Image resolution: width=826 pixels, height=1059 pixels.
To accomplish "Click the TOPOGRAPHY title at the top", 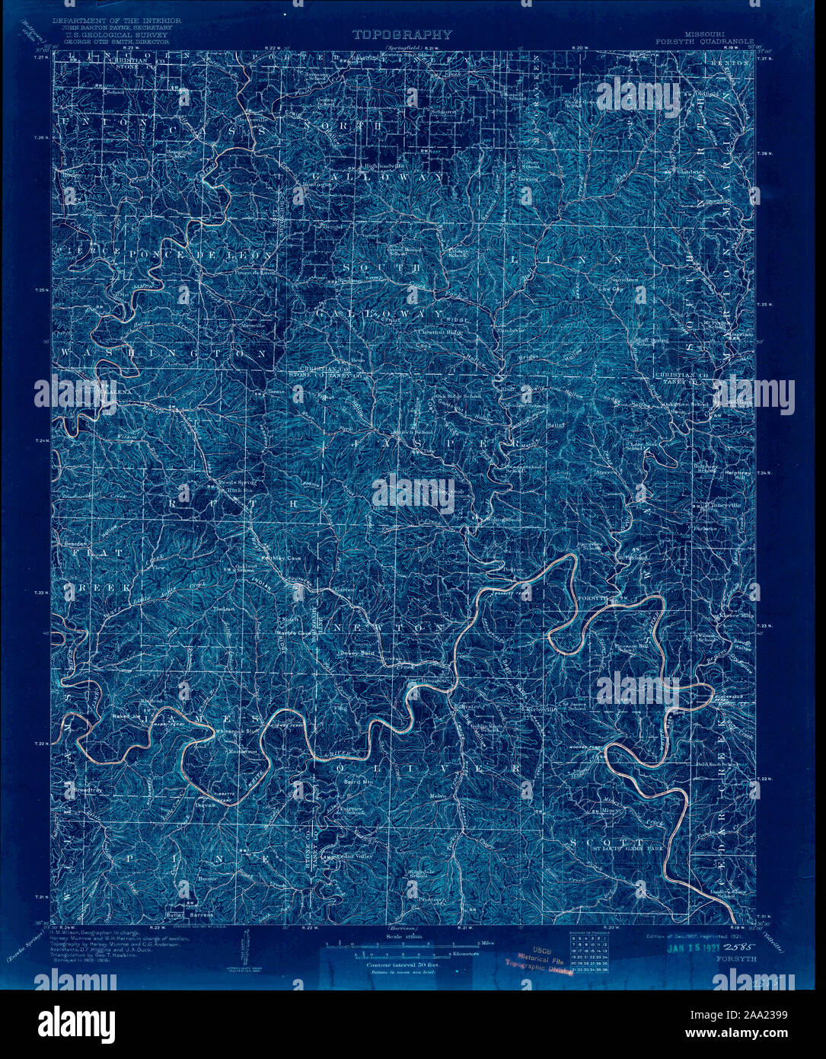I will tap(402, 34).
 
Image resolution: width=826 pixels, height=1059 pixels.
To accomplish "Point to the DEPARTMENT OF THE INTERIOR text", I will tap(116, 20).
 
